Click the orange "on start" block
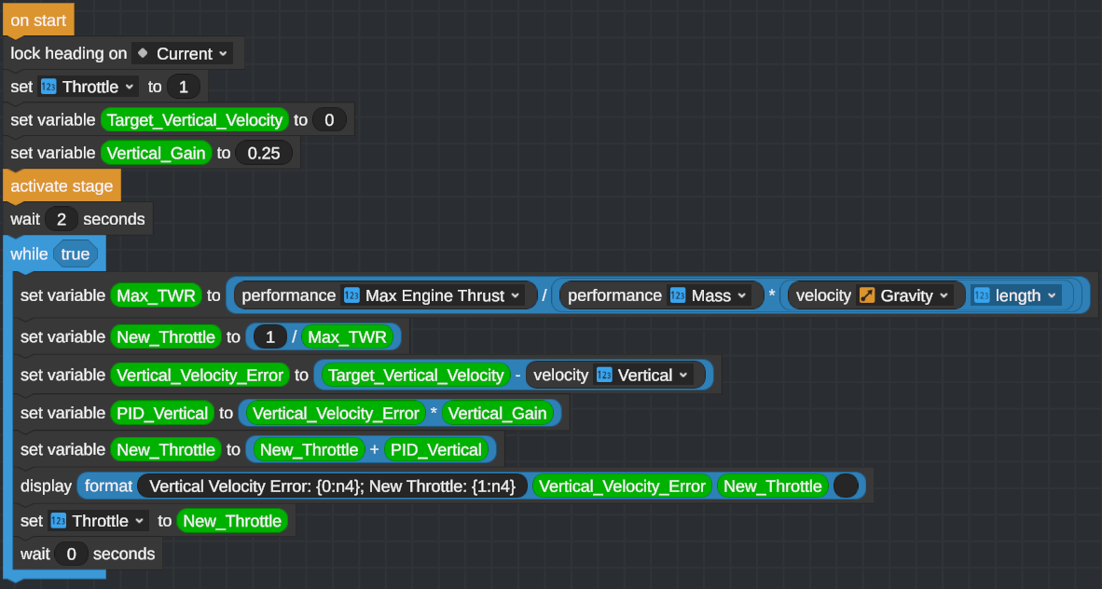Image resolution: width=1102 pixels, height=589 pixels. (x=38, y=20)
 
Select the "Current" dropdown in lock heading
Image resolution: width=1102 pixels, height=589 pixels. (x=183, y=53)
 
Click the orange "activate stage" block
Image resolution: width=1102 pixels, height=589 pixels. (x=62, y=185)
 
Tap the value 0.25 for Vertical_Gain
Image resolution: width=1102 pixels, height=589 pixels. (x=264, y=153)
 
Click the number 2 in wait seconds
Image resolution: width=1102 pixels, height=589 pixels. (x=61, y=220)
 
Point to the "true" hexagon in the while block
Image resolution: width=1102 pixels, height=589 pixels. (x=75, y=253)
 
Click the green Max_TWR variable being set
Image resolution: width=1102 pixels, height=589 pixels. (x=155, y=295)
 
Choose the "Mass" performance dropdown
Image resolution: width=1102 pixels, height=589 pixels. (x=709, y=295)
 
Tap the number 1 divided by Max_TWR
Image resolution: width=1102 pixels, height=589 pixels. (x=270, y=336)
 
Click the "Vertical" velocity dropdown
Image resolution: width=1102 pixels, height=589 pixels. (x=644, y=375)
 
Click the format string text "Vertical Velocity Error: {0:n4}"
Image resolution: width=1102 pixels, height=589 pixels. (x=332, y=486)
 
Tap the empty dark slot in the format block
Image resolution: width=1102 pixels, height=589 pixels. (x=846, y=486)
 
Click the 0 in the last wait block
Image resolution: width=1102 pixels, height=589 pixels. (x=71, y=554)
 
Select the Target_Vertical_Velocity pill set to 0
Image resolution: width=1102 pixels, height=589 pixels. (x=194, y=120)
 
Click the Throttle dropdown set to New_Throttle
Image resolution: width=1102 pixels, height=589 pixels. (x=99, y=521)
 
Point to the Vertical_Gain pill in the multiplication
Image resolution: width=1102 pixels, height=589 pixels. (x=497, y=413)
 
